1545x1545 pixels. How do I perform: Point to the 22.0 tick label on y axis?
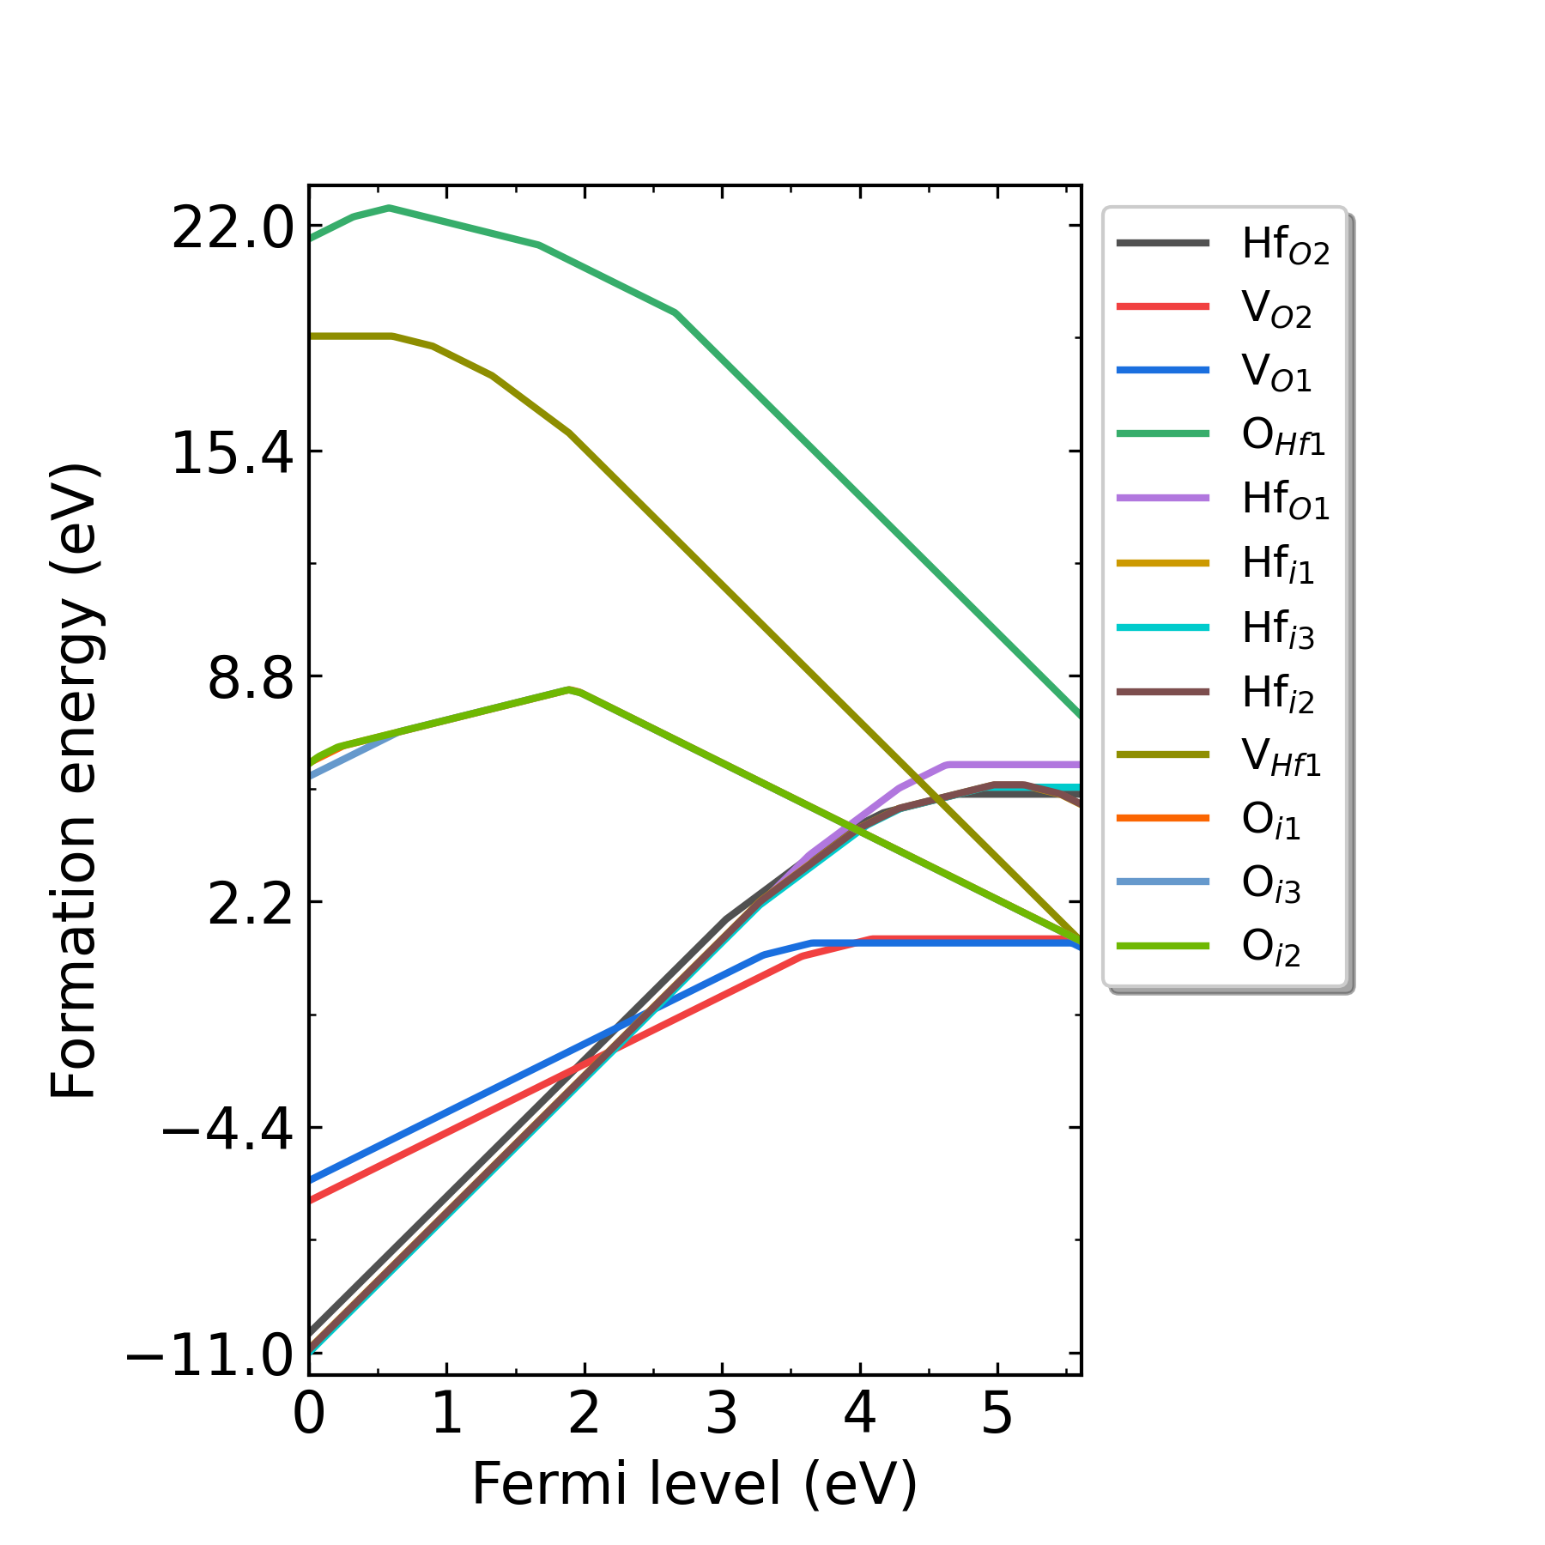pyautogui.click(x=233, y=230)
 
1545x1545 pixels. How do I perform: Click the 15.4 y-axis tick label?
pyautogui.click(x=233, y=454)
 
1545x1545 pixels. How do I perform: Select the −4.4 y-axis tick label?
pyautogui.click(x=228, y=1130)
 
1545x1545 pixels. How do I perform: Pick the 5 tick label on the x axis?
pyautogui.click(x=997, y=1413)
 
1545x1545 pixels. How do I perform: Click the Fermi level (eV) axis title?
pyautogui.click(x=694, y=1485)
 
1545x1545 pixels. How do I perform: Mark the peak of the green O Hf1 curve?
pyautogui.click(x=390, y=208)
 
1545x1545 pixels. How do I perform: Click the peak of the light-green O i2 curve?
pyautogui.click(x=569, y=689)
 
